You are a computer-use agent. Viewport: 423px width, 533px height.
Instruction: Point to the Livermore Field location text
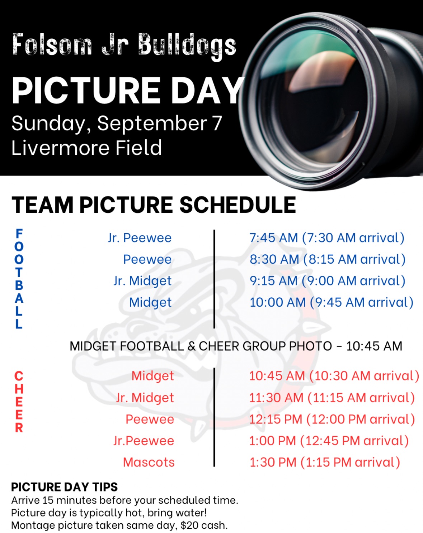point(86,148)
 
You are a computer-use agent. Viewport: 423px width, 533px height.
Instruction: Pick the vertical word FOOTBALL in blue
point(19,279)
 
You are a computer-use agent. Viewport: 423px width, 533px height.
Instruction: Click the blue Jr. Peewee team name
point(140,238)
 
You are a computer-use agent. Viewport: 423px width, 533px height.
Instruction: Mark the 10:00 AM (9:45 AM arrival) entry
point(332,302)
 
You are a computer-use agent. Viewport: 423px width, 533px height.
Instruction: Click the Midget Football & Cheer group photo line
point(236,346)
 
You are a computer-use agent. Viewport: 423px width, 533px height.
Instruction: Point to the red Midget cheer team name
point(152,376)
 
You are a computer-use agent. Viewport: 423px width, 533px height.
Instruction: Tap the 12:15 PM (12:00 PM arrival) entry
point(332,419)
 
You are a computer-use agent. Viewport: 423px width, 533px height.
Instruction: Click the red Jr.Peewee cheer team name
point(144,441)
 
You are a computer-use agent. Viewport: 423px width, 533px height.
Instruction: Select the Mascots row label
point(149,462)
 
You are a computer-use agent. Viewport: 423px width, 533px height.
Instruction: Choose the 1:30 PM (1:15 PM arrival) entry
point(325,462)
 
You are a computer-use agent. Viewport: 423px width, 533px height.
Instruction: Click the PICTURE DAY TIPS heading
point(65,487)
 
